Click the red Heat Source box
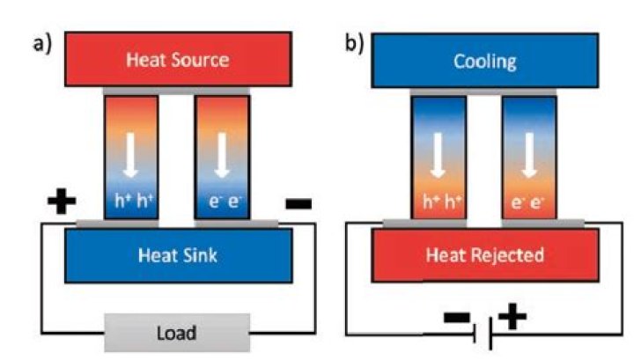pos(177,61)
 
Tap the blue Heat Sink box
pos(177,255)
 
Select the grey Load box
pos(177,333)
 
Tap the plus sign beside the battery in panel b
pos(512,318)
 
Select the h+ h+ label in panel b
pos(438,202)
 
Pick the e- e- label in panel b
pos(528,202)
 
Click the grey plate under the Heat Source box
pos(177,92)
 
